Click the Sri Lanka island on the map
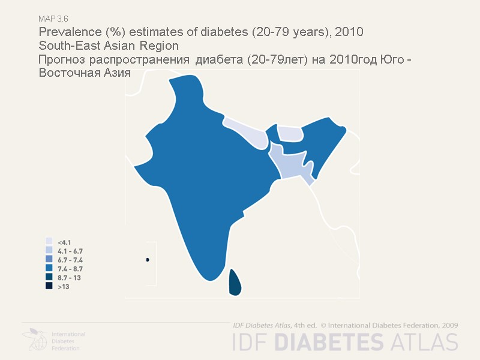[x=235, y=283]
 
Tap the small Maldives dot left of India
[x=147, y=260]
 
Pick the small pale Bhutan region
[x=289, y=134]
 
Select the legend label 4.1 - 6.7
[x=70, y=251]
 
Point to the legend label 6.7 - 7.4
[x=70, y=260]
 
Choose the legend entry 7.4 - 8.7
[x=70, y=269]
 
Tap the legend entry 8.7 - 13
[x=69, y=278]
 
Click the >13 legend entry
[x=63, y=287]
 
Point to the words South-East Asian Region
[x=109, y=46]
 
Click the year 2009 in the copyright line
[x=449, y=325]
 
